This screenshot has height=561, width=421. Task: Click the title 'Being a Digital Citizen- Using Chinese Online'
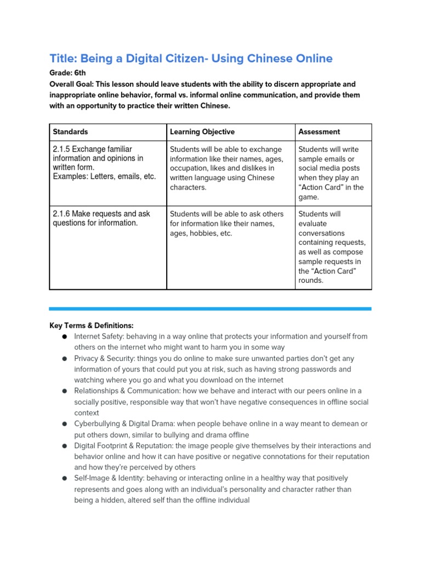coord(191,58)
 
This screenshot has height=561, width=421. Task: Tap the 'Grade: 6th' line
coord(67,72)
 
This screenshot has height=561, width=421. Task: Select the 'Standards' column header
coord(70,131)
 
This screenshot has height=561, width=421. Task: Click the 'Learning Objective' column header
coord(202,131)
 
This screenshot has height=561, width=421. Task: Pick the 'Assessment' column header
coord(319,131)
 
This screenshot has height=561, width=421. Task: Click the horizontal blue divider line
coord(210,308)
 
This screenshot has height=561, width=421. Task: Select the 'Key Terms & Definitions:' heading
coord(92,325)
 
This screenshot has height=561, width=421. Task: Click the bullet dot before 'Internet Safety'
coord(64,336)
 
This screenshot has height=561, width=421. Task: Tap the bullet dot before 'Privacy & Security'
coord(64,358)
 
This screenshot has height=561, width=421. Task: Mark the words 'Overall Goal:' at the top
coord(72,84)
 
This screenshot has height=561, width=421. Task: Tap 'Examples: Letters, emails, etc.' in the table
coord(104,176)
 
